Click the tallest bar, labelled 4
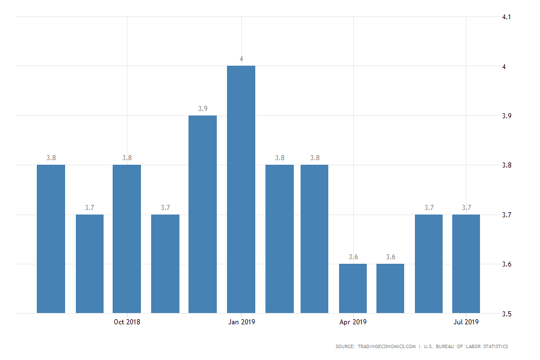point(241,189)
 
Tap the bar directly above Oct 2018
point(127,239)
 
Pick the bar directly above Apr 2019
point(353,288)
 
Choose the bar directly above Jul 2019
point(466,263)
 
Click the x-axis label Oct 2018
point(127,323)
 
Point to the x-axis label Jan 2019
point(241,323)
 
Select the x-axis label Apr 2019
point(353,323)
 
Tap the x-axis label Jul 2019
point(466,323)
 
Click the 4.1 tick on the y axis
point(507,17)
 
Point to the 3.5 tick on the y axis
point(507,314)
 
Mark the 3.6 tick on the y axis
point(507,264)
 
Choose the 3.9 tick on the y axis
point(507,116)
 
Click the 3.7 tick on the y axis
point(507,215)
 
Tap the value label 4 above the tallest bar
point(241,59)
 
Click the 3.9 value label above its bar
point(203,109)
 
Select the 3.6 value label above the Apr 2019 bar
point(353,257)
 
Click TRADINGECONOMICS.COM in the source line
point(388,346)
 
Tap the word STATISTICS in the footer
point(492,346)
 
